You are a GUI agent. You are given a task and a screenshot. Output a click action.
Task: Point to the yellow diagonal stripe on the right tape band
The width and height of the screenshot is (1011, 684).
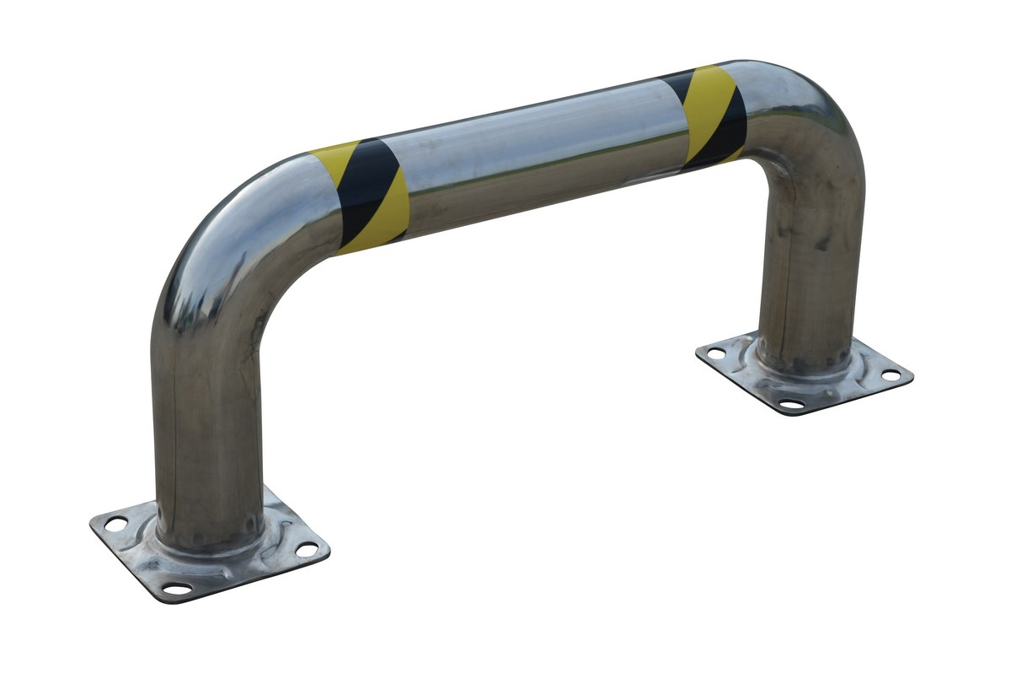(x=704, y=114)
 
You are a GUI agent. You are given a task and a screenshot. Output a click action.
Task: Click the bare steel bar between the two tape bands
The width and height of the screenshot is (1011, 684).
(x=539, y=152)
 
